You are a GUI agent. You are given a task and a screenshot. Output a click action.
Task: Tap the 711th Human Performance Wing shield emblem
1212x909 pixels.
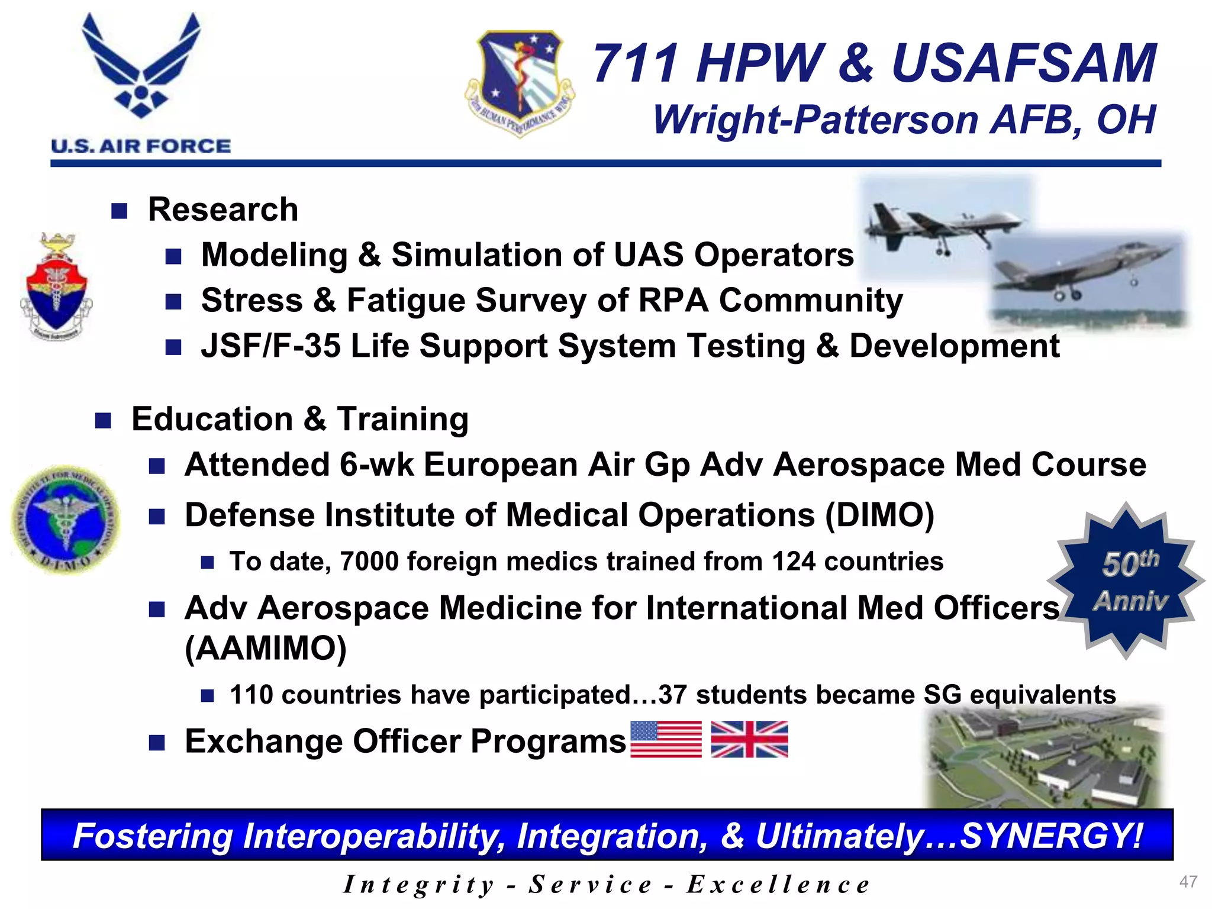tap(520, 83)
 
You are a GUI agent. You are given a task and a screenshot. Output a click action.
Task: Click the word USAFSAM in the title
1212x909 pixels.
tap(1024, 63)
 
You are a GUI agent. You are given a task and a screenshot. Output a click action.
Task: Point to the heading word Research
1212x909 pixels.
tap(223, 209)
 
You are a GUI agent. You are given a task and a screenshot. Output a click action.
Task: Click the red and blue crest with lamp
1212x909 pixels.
tap(56, 287)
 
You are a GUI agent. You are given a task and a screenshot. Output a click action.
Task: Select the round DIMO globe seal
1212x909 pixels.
tap(65, 519)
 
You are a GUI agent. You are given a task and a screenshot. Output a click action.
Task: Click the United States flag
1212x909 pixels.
tap(666, 739)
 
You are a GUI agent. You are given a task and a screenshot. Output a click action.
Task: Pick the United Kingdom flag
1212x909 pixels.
tap(749, 739)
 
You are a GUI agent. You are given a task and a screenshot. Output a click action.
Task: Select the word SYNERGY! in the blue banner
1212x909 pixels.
tap(1051, 836)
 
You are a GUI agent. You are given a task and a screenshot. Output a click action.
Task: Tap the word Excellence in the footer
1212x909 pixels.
tap(778, 885)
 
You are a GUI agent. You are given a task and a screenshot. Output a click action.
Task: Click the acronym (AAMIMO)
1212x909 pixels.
tap(266, 649)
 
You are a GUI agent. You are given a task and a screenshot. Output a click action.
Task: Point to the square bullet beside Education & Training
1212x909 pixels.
tap(103, 421)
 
